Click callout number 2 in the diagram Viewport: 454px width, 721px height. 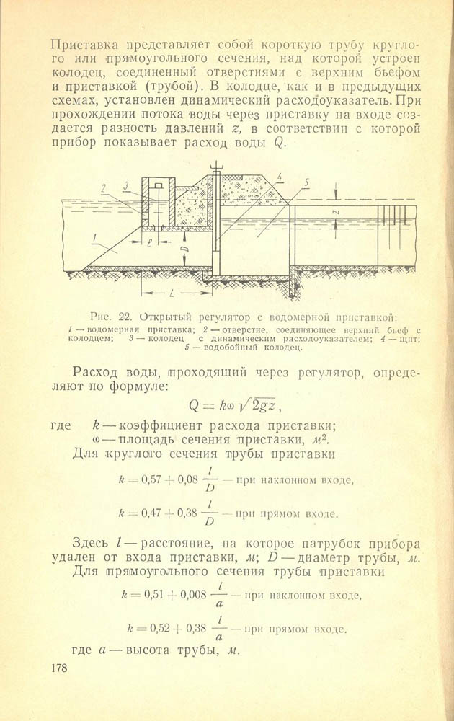tap(104, 187)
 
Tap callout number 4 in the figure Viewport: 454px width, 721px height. tap(279, 176)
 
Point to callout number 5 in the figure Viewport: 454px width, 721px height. tap(306, 183)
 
